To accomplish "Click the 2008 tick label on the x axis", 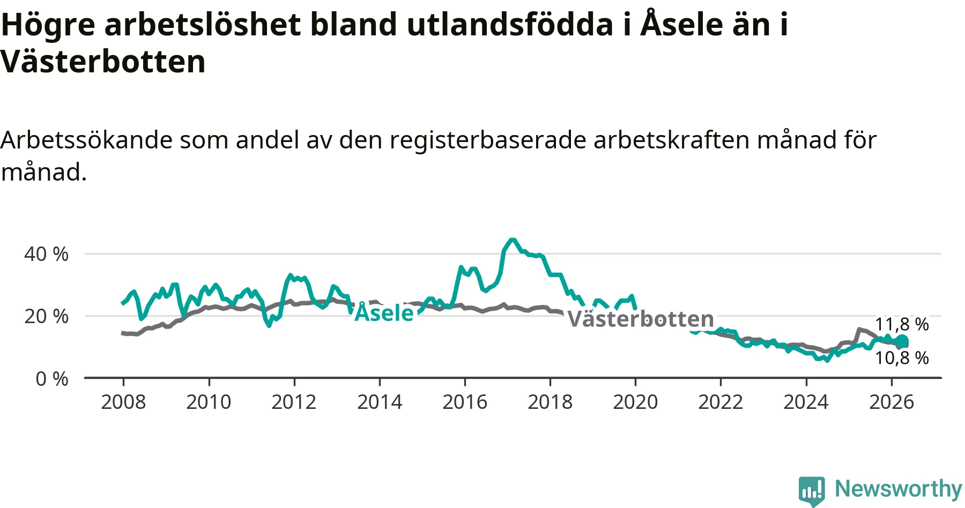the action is tap(123, 402).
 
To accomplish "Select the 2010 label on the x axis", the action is tap(209, 402).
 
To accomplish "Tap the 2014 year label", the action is tap(380, 402).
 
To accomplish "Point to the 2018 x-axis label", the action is tap(550, 402).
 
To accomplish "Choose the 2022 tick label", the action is tap(721, 402).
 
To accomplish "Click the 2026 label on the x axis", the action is tap(892, 402).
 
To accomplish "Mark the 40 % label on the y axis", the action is tap(46, 254).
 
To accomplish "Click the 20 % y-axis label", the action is tap(46, 316).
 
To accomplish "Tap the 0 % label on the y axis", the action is tap(52, 379).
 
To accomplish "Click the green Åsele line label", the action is tap(384, 312).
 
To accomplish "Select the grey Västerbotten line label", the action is tap(641, 319).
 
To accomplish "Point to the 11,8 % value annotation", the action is tap(902, 324).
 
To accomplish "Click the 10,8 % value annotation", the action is tap(902, 358).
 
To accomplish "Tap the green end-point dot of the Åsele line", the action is tap(902, 341).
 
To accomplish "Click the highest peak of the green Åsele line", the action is tap(512, 240).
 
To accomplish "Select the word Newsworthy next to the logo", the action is tap(899, 489).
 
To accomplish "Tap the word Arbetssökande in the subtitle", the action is tap(86, 140).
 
